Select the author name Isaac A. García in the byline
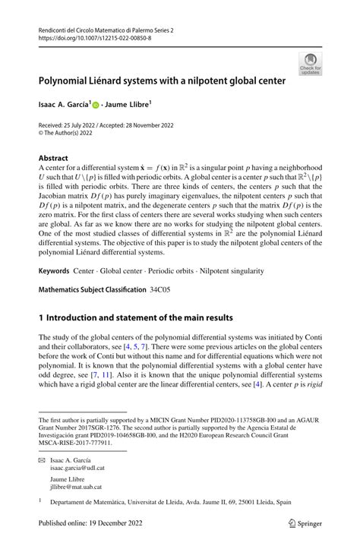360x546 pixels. pos(62,101)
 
